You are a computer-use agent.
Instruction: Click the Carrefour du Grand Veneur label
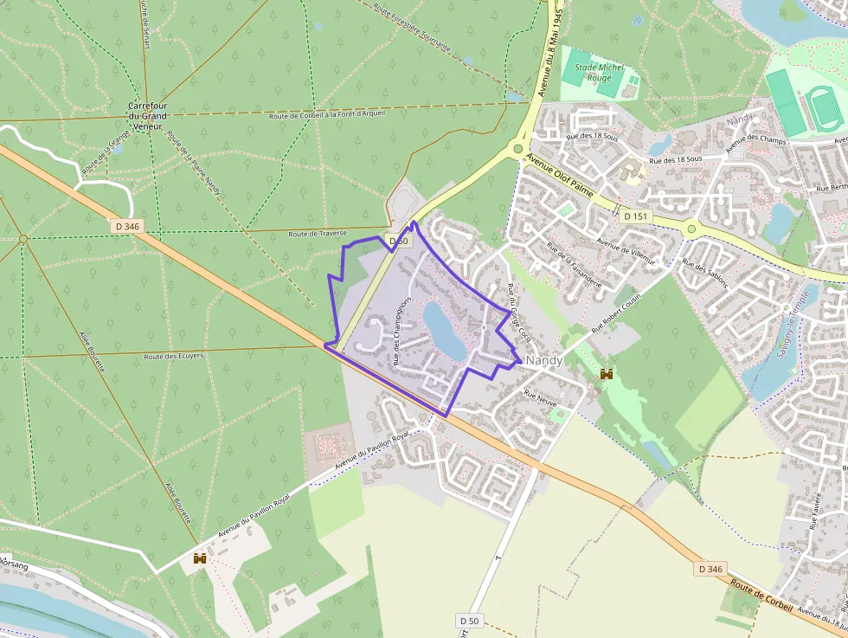[147, 115]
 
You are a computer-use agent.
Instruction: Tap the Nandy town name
[544, 359]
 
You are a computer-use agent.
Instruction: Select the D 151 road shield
[634, 216]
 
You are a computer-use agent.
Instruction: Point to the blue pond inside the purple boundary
[444, 330]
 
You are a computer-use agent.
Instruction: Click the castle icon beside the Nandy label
[607, 374]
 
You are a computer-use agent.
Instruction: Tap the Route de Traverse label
[318, 234]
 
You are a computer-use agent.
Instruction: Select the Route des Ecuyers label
[174, 356]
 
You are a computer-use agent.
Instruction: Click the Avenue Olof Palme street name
[560, 177]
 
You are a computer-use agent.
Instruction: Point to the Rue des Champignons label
[402, 332]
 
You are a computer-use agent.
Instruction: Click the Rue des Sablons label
[705, 273]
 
